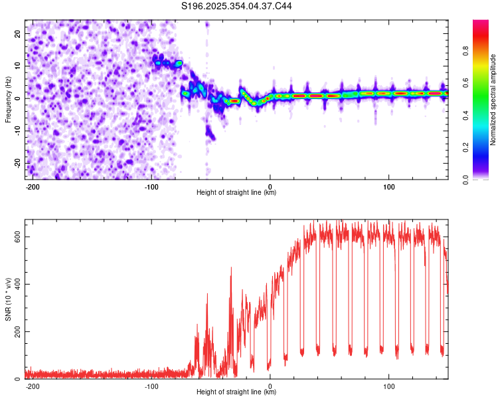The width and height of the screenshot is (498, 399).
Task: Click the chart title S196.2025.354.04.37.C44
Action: [x=237, y=6]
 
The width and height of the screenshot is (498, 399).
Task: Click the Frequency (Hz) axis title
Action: [x=8, y=99]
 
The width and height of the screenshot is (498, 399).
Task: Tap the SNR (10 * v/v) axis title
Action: [x=8, y=299]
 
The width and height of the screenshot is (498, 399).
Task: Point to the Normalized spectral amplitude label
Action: [x=493, y=100]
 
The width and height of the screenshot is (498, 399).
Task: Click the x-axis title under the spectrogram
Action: [x=236, y=193]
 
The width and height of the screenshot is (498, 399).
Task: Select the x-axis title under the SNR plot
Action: [x=236, y=392]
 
